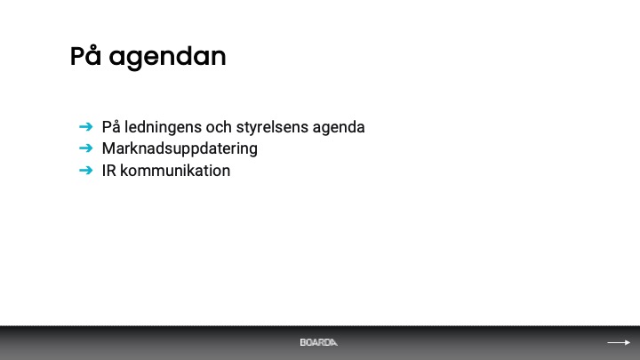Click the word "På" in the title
coord(85,55)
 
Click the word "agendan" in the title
coord(167,58)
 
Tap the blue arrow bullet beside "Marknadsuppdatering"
coord(85,148)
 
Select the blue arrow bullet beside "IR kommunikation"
coord(85,170)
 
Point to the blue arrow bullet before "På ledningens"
coord(85,127)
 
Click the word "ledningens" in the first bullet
coord(163,127)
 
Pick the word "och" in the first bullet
coord(219,127)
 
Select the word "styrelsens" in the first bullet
coord(272,127)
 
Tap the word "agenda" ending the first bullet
coord(339,128)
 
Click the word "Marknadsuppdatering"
coord(180,149)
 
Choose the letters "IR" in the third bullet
coord(109,171)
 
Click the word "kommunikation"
coord(175,171)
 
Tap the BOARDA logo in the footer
coord(319,342)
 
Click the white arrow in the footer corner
coord(619,342)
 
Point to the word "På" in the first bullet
coord(111,127)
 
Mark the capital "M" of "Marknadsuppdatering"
coord(108,148)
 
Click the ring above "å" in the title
coord(94,47)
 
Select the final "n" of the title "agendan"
coord(219,58)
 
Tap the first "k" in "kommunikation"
coord(124,171)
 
